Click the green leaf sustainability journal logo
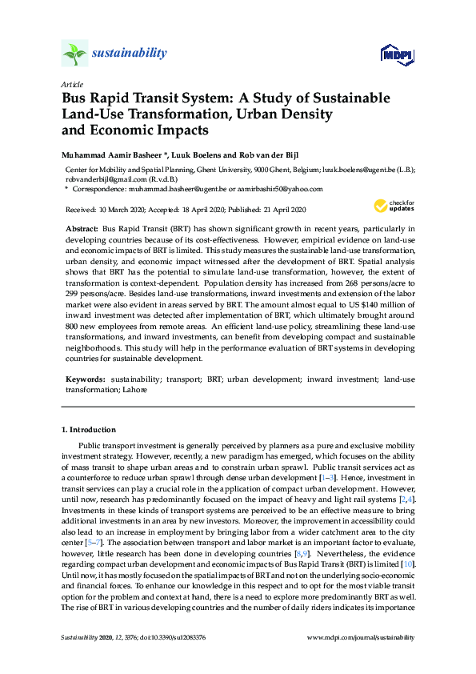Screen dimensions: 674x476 click(x=74, y=54)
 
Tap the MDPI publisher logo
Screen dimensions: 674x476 click(x=397, y=54)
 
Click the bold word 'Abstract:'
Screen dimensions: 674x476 click(x=82, y=228)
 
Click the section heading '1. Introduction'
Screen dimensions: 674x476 click(x=89, y=430)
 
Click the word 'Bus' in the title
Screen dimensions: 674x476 click(x=76, y=98)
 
